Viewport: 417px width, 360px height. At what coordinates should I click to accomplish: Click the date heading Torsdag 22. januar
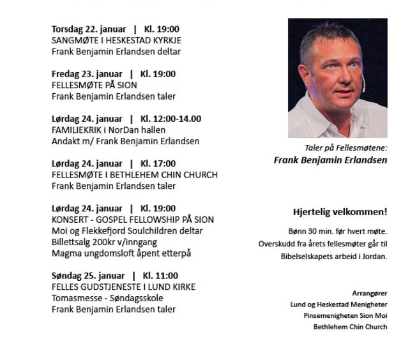[x=87, y=29]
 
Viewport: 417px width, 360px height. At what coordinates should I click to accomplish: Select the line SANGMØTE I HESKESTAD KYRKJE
[x=117, y=40]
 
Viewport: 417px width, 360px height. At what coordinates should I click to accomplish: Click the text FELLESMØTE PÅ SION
[x=95, y=85]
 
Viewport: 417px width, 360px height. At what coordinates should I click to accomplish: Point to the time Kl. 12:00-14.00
[x=171, y=119]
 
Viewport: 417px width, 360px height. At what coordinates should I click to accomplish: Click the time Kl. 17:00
[x=158, y=163]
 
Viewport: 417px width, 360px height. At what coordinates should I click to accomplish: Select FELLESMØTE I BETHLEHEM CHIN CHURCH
[x=134, y=174]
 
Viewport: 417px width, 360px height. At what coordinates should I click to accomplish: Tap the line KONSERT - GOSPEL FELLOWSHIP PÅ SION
[x=133, y=220]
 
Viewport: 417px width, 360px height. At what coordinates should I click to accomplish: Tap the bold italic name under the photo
[x=330, y=160]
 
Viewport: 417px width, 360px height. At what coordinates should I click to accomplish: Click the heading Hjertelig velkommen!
[x=340, y=212]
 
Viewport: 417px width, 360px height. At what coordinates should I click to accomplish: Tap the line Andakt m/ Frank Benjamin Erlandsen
[x=125, y=141]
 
